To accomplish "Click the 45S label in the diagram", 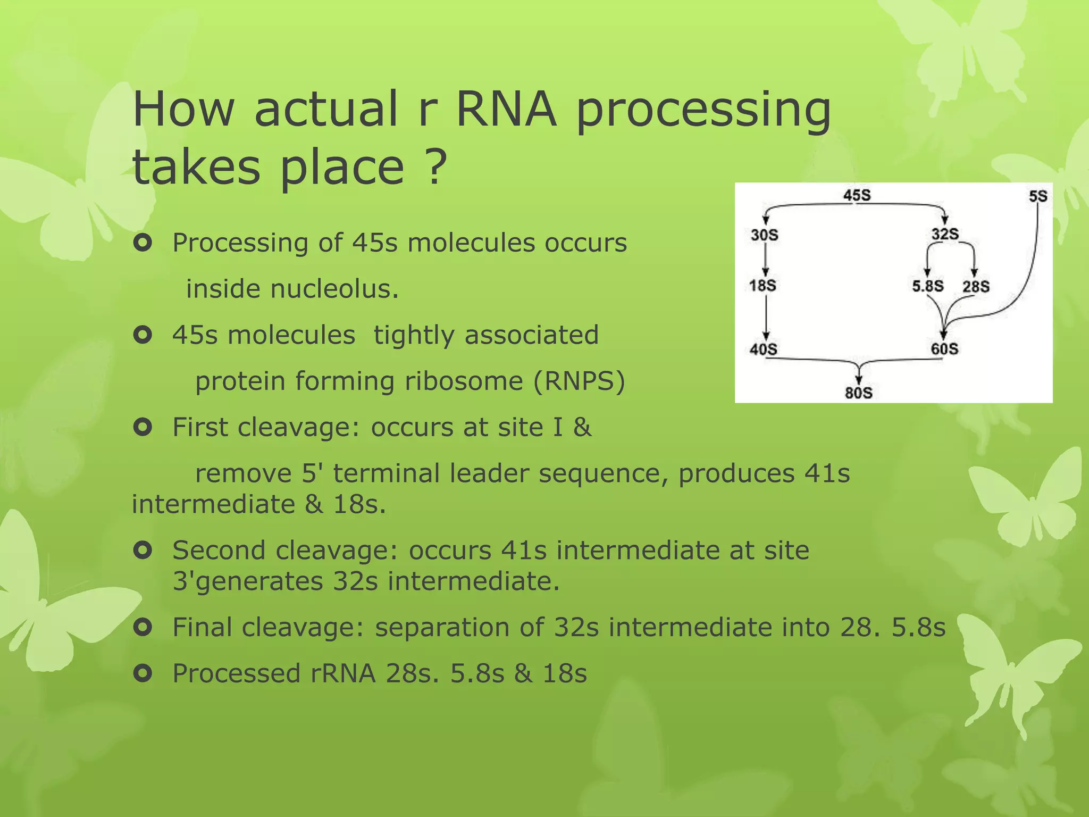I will (857, 195).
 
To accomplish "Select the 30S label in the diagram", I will (764, 235).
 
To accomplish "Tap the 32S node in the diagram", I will (945, 234).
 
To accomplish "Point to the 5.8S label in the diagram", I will (928, 286).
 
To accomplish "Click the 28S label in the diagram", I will (976, 287).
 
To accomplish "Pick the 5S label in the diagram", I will (1037, 196).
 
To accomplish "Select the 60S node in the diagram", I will (944, 349).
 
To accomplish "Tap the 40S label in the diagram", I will (763, 349).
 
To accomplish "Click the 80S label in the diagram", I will (858, 393).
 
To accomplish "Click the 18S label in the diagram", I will (763, 286).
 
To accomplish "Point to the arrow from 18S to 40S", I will (766, 317).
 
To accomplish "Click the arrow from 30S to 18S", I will (766, 260).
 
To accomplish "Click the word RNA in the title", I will (506, 109).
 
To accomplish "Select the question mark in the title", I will (435, 167).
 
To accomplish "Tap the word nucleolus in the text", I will (334, 289).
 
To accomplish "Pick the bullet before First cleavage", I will (143, 427).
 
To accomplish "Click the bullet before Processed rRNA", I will (143, 673).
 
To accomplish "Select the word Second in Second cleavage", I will (219, 550).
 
